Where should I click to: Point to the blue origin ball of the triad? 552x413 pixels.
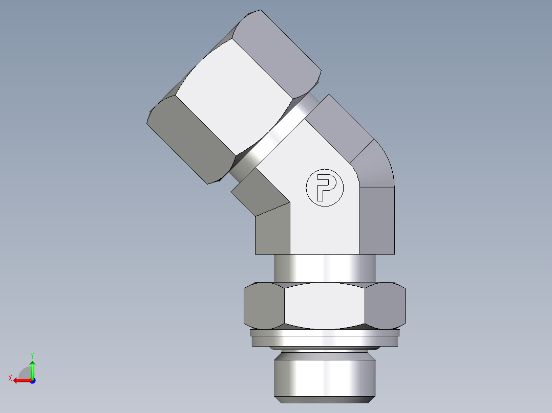(x=32, y=380)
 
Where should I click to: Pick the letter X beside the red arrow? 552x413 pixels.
(x=10, y=378)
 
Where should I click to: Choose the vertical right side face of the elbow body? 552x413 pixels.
(x=377, y=220)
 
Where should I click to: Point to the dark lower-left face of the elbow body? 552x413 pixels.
(x=273, y=230)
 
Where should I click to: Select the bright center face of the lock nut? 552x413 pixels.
(x=325, y=306)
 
